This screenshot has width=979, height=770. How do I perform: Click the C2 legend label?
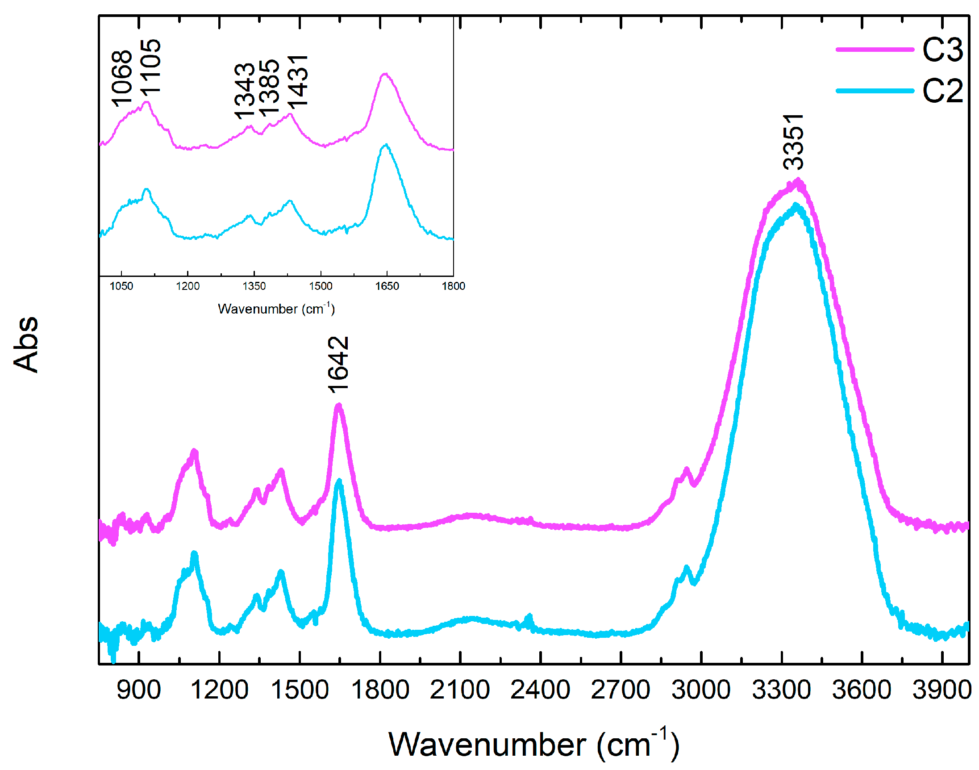point(942,91)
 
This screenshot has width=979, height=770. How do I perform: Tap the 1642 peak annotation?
point(338,364)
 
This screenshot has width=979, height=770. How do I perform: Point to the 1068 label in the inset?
point(121,79)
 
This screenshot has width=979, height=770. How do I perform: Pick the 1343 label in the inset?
point(244,91)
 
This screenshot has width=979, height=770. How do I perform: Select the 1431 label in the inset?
point(298,82)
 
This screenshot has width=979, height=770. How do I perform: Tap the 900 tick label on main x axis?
point(138,690)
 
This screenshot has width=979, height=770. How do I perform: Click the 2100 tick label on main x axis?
point(459,690)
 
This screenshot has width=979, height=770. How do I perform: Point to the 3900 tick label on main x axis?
point(942,690)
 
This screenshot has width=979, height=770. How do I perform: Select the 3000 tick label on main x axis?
point(700,690)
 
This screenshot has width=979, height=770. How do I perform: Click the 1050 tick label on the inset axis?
point(121,286)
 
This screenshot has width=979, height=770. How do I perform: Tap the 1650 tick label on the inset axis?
point(387,286)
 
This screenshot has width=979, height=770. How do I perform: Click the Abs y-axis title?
point(26,344)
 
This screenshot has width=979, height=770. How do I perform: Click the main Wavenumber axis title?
point(533,744)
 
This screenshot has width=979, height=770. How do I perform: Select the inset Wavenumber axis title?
point(276,309)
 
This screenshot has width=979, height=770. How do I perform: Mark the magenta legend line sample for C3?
point(874,49)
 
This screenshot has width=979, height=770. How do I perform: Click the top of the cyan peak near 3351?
point(796,206)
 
